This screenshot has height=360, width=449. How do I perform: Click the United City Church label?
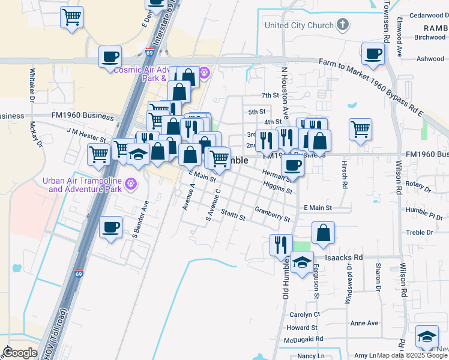[299, 25]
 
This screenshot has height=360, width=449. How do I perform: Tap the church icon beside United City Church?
[343, 25]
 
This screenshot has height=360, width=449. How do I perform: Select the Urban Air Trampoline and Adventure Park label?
[85, 185]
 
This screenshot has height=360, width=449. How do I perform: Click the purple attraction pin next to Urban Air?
[128, 181]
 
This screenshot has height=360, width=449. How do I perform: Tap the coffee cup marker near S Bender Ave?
[111, 227]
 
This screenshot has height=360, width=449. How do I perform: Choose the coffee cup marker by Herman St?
[292, 164]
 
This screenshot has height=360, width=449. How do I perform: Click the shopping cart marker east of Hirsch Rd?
[360, 128]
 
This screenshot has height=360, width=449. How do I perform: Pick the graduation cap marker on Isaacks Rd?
[303, 262]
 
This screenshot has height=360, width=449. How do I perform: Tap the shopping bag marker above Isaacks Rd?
[323, 233]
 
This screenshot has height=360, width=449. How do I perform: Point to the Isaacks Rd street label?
[345, 257]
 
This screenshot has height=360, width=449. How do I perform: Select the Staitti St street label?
[233, 215]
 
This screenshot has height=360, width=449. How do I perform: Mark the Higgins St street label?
[278, 188]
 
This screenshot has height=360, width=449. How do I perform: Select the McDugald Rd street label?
[304, 339]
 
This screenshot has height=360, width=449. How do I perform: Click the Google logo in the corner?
[20, 353]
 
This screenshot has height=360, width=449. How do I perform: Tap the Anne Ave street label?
[364, 323]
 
